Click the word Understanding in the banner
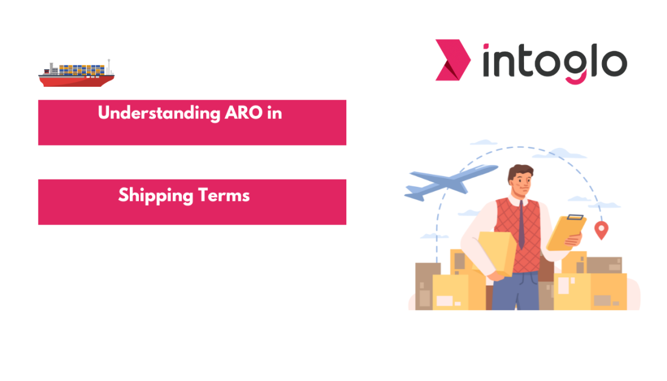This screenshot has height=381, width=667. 156,113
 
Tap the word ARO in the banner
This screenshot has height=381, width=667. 241,113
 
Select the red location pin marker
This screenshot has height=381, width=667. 601,229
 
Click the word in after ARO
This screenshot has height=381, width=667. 274,113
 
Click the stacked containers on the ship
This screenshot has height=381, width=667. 82,69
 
